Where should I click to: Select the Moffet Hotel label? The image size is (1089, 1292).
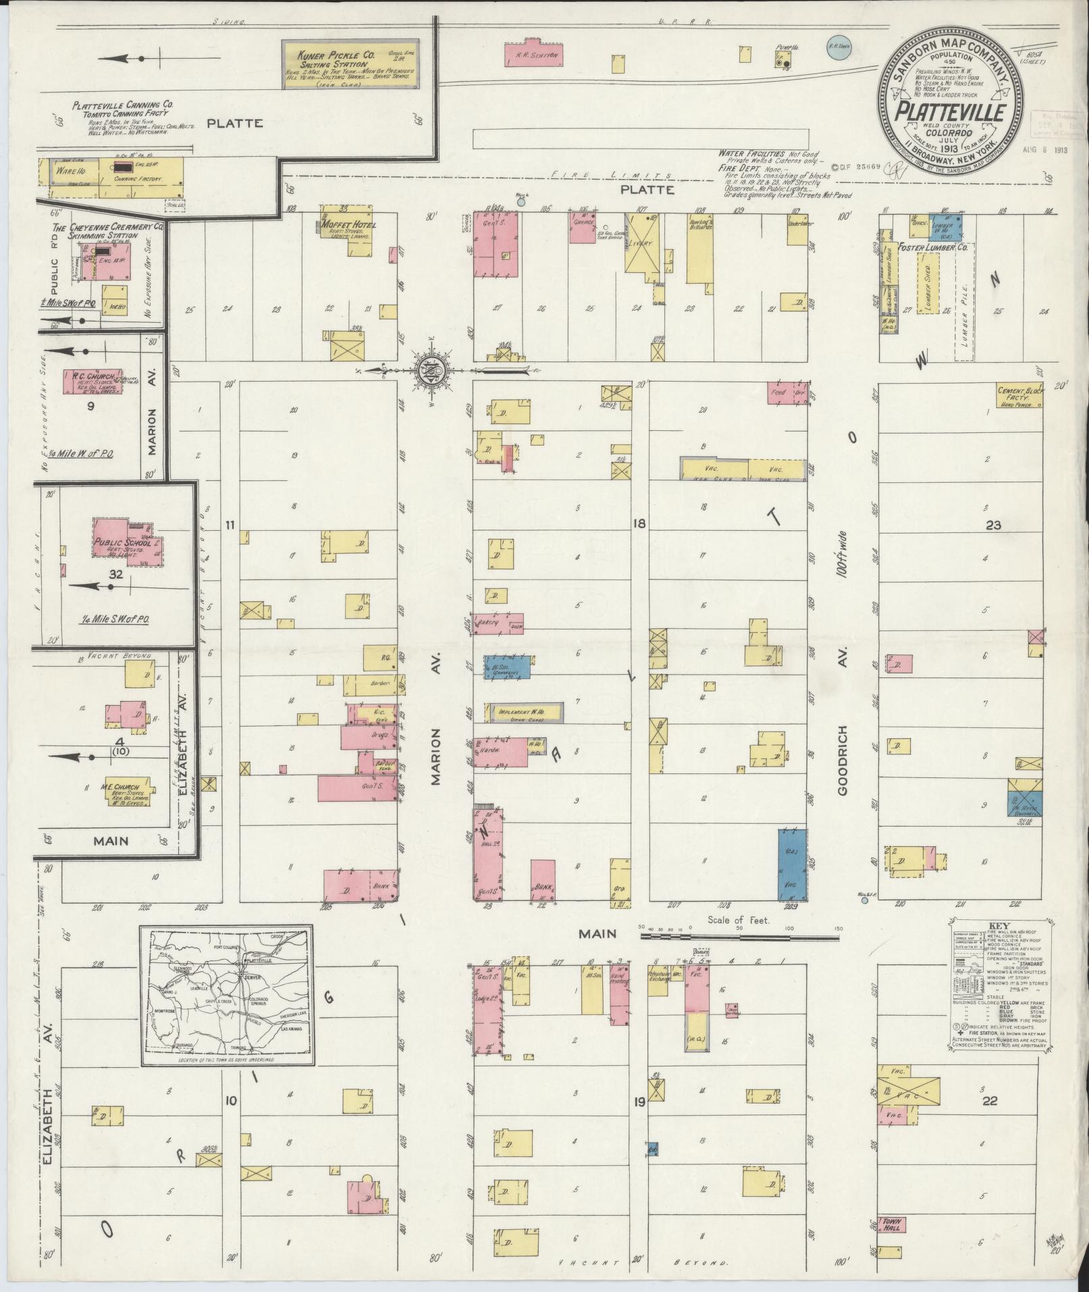(x=349, y=225)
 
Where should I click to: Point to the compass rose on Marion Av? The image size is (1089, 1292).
(x=430, y=369)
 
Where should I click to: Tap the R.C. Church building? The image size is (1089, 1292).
(x=93, y=382)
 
